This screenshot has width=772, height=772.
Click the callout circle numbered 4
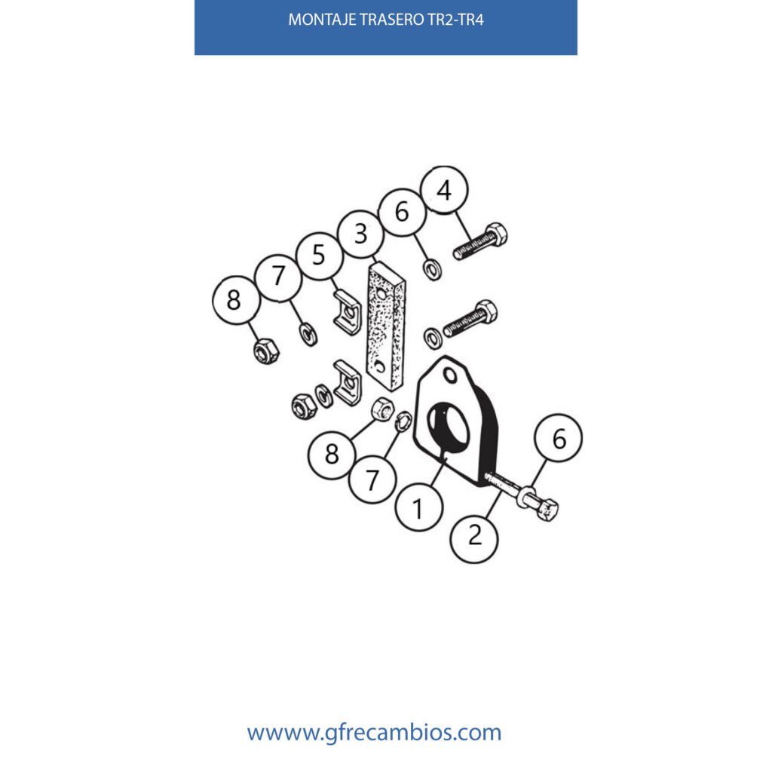[x=444, y=189]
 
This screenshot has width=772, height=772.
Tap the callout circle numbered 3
[x=361, y=234]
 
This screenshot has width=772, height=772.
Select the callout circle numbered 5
[x=320, y=256]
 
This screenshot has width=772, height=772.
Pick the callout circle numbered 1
[x=419, y=507]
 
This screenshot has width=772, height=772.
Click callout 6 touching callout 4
[x=403, y=212]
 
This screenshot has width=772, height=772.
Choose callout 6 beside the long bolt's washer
[x=559, y=438]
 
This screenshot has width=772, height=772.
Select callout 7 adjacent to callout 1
[x=372, y=479]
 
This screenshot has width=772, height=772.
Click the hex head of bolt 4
[x=496, y=234]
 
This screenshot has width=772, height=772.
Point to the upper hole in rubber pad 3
[x=381, y=294]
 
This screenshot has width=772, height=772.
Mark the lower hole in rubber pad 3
[x=379, y=366]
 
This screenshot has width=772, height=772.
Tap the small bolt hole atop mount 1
[x=450, y=375]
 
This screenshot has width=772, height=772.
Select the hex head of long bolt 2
[x=547, y=510]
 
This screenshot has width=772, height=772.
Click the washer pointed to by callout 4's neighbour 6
[x=433, y=271]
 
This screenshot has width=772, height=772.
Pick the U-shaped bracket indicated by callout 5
[x=348, y=313]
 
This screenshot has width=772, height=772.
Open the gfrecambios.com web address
[x=374, y=732]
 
